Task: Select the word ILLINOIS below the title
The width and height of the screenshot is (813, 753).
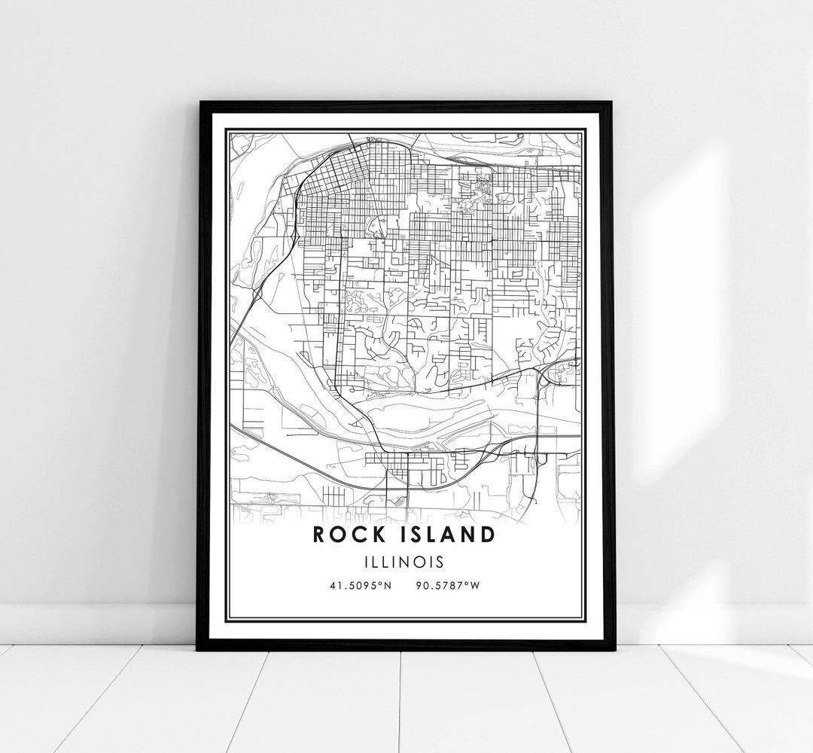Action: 406,561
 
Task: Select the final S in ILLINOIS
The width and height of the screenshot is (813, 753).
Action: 439,561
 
